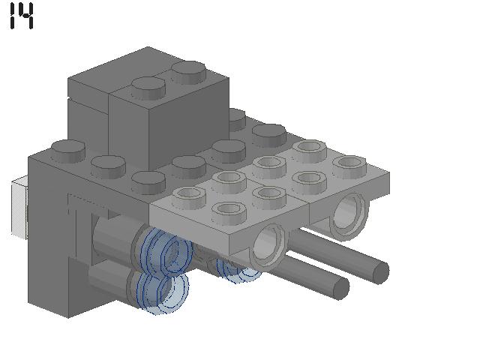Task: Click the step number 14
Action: (x=22, y=16)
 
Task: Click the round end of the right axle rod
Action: (x=379, y=271)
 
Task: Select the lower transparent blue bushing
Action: (x=162, y=292)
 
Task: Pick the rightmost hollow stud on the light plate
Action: (x=349, y=166)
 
